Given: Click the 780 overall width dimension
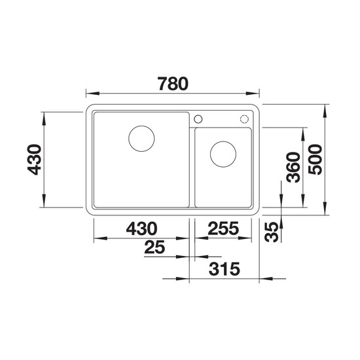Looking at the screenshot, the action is click(x=173, y=84).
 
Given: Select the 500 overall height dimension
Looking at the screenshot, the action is click(x=315, y=160).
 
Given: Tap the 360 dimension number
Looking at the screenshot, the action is click(x=293, y=168).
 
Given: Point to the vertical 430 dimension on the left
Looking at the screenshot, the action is click(x=34, y=160).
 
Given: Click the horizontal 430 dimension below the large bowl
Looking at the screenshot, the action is click(x=141, y=228).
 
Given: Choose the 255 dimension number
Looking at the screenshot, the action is click(x=223, y=228).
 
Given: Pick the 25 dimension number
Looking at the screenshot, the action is click(x=154, y=247).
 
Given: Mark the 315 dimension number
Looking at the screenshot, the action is click(x=225, y=269).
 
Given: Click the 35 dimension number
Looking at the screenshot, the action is click(x=272, y=232).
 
